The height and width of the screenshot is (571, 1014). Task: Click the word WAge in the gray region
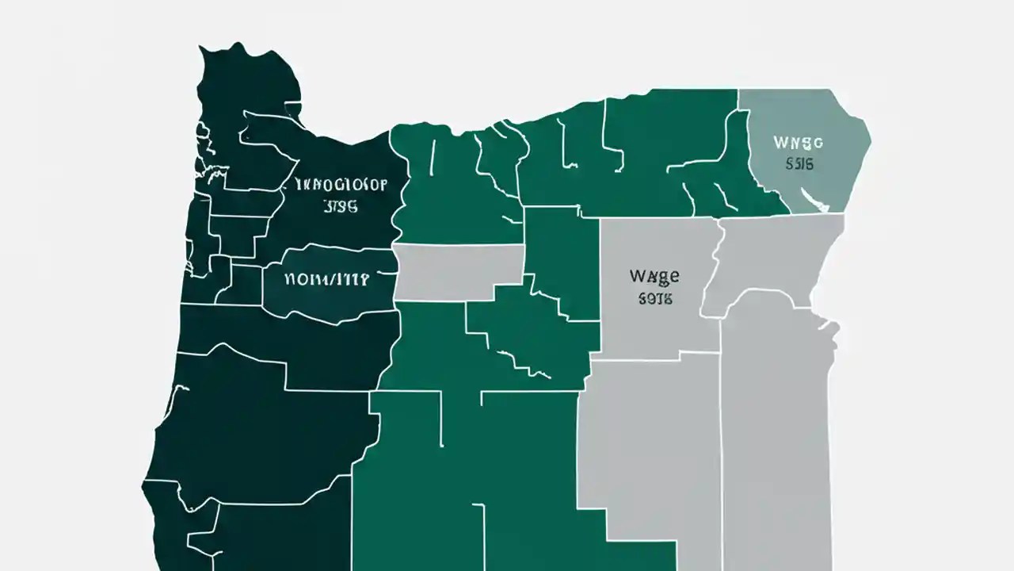(x=654, y=277)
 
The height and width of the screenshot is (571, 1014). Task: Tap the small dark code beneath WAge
(x=654, y=299)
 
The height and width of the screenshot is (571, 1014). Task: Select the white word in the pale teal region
(x=799, y=144)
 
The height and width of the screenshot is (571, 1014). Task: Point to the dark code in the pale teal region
(x=799, y=165)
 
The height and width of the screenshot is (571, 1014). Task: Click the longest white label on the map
(x=341, y=186)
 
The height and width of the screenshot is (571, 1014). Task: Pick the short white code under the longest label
(x=341, y=207)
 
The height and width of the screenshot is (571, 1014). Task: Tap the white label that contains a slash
(x=326, y=280)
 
